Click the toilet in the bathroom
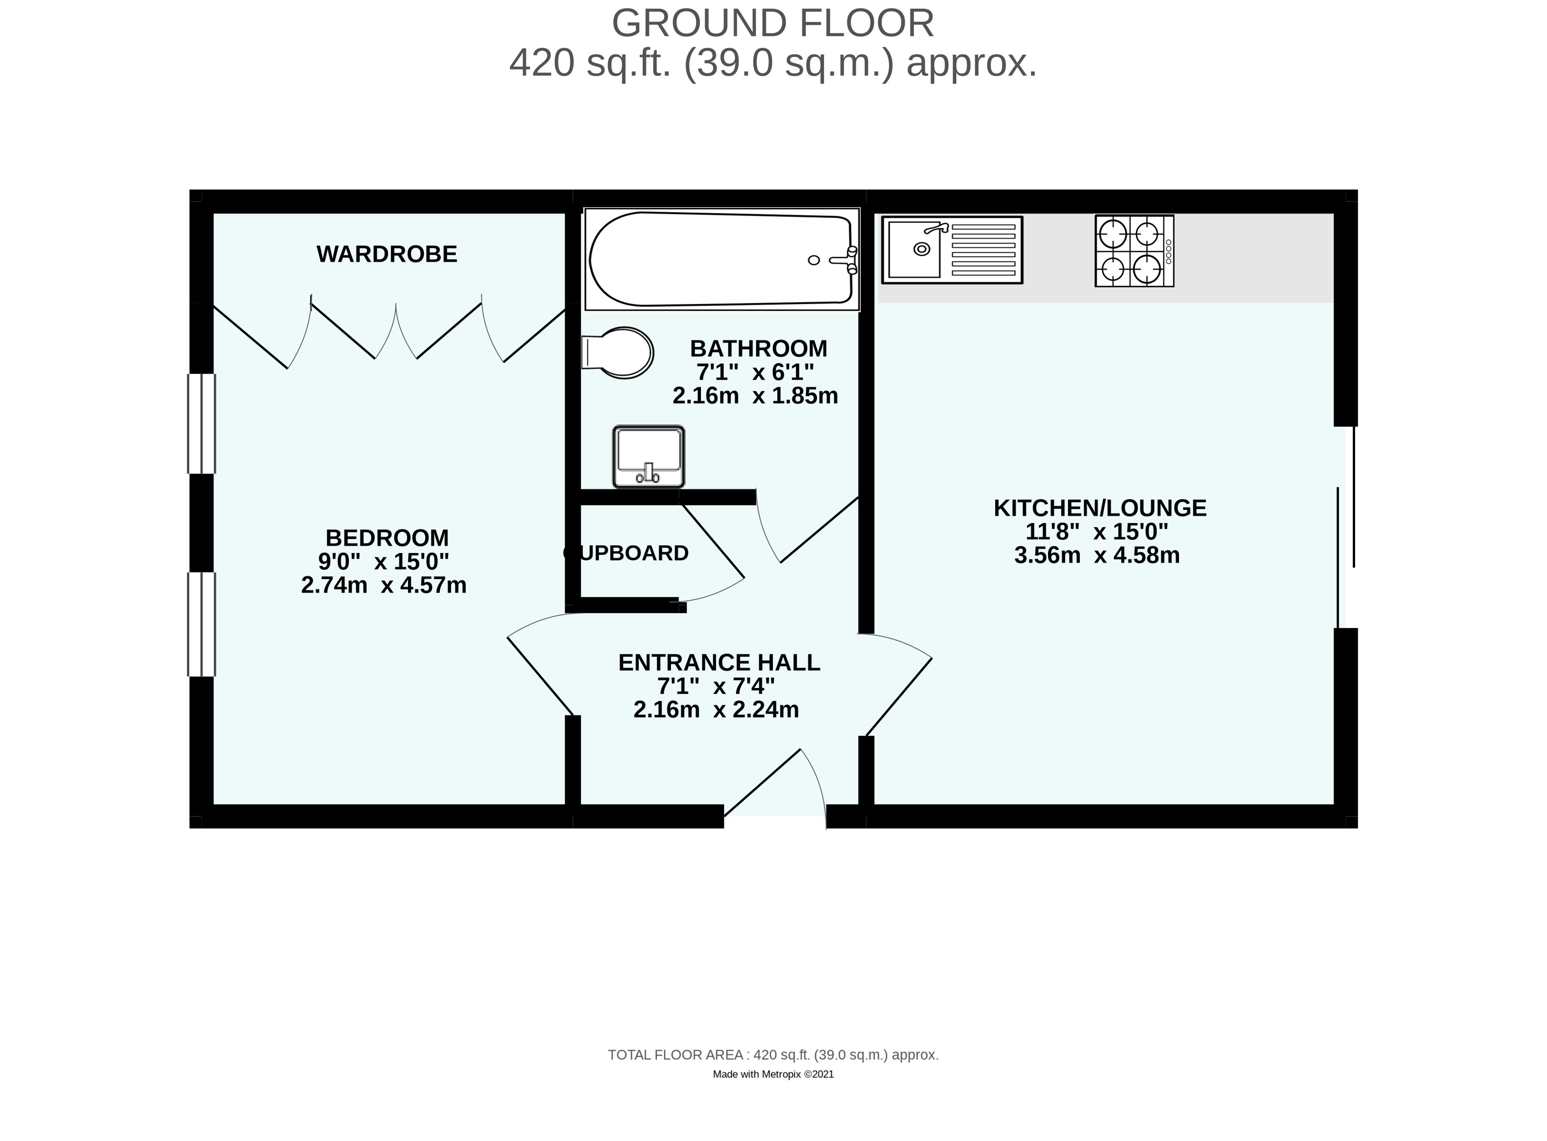618,352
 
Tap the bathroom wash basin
648,456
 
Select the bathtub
722,259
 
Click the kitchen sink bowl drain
921,249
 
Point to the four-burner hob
1134,251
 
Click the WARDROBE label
387,254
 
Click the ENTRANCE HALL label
719,662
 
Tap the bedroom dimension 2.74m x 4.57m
383,586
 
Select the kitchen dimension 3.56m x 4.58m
1097,555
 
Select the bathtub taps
845,260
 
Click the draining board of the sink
983,250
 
